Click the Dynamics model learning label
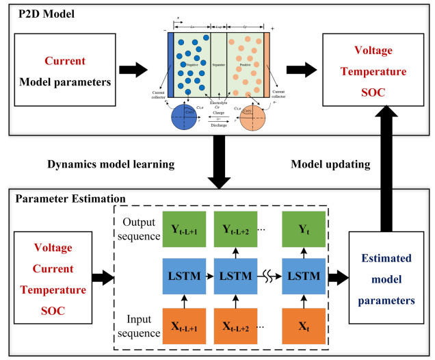tap(111, 165)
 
